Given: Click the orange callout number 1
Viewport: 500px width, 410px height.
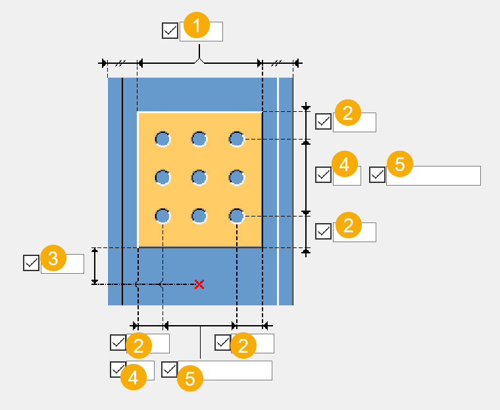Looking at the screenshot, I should [x=197, y=27].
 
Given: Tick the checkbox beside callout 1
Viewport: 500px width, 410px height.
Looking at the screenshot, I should [x=170, y=31].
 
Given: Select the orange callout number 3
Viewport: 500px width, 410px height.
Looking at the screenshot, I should [x=53, y=259].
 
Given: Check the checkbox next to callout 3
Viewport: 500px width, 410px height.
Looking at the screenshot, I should [x=31, y=263].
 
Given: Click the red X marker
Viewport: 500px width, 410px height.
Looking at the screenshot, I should [x=199, y=284].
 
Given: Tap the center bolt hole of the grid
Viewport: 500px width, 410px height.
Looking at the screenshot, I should [x=199, y=177].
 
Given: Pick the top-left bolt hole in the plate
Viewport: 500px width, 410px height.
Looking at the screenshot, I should [x=162, y=139].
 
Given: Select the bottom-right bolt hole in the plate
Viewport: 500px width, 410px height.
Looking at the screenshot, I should [x=237, y=216].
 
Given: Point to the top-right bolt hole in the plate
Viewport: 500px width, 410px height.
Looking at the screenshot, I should [x=237, y=139].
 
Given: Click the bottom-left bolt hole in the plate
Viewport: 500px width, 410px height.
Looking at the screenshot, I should [x=162, y=216].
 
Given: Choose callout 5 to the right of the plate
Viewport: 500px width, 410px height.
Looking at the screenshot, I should [x=399, y=164].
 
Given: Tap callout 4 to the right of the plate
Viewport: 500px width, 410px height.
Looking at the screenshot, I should [x=344, y=164].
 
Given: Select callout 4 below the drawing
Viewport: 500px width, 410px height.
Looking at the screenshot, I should [x=134, y=377].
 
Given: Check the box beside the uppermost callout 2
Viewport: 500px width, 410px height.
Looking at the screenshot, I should [x=323, y=122].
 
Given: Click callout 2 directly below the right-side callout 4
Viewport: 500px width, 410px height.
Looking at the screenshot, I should [x=348, y=226].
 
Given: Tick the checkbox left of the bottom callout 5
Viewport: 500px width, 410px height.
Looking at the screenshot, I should [x=169, y=370].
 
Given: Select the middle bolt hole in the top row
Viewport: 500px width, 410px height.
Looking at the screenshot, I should [x=199, y=139].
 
